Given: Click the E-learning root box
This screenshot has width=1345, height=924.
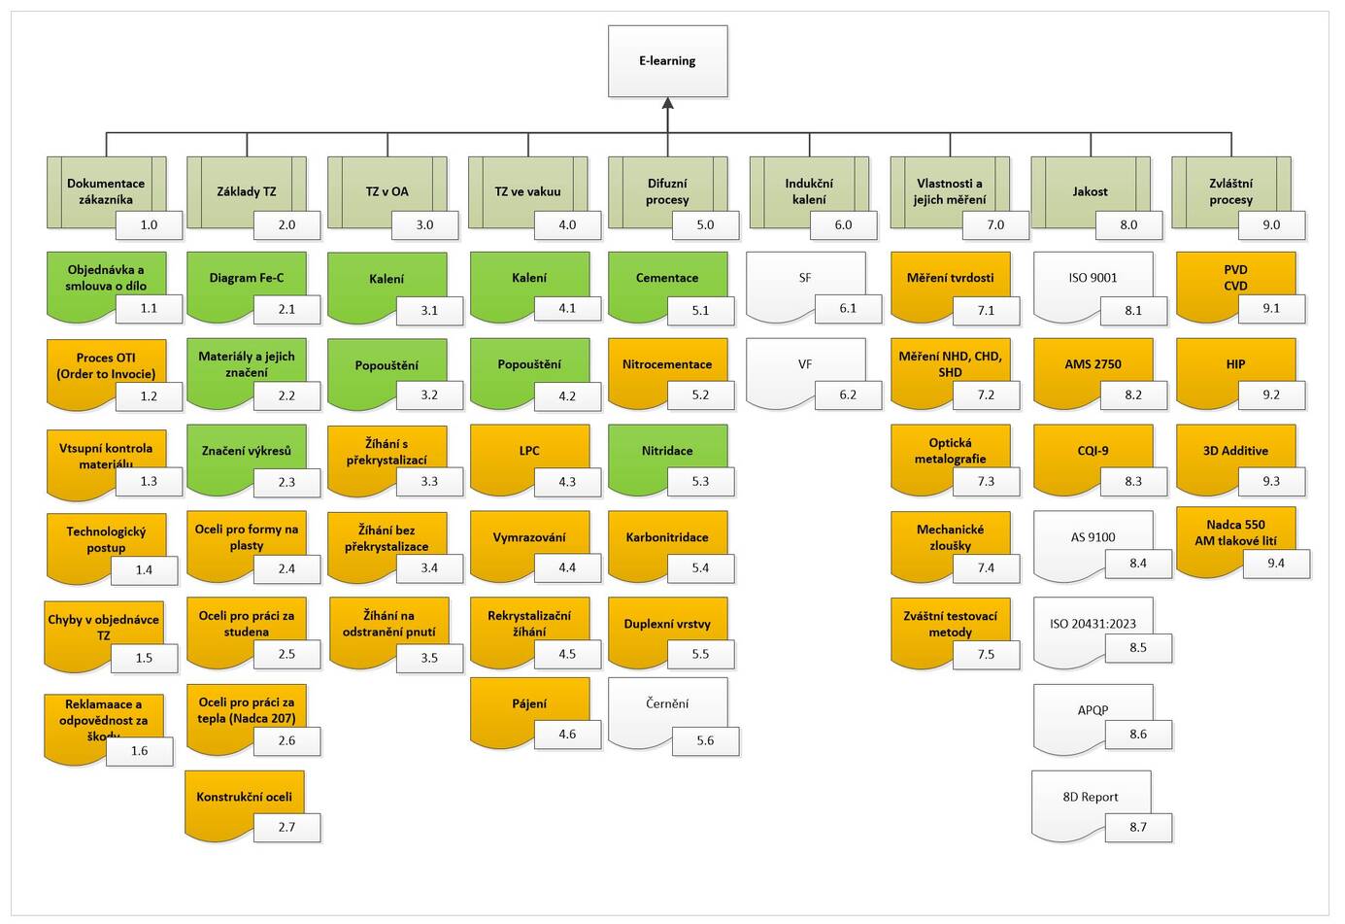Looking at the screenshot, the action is [x=668, y=60].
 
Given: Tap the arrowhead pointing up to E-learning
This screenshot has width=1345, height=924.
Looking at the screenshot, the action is [x=668, y=103].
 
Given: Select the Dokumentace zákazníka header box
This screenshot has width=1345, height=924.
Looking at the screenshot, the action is [x=106, y=192].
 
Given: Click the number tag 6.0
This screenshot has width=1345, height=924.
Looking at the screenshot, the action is [x=843, y=225].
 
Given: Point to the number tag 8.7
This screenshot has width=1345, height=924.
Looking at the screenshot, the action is [x=1138, y=827].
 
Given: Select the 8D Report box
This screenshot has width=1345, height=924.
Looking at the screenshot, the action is [x=1091, y=806].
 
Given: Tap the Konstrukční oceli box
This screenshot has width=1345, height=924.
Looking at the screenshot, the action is [x=245, y=806].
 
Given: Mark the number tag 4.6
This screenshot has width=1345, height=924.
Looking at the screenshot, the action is [x=567, y=735].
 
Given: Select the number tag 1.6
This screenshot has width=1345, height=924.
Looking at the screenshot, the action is [x=139, y=751].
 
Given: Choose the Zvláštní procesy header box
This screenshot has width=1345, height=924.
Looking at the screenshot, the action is [x=1231, y=192].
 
